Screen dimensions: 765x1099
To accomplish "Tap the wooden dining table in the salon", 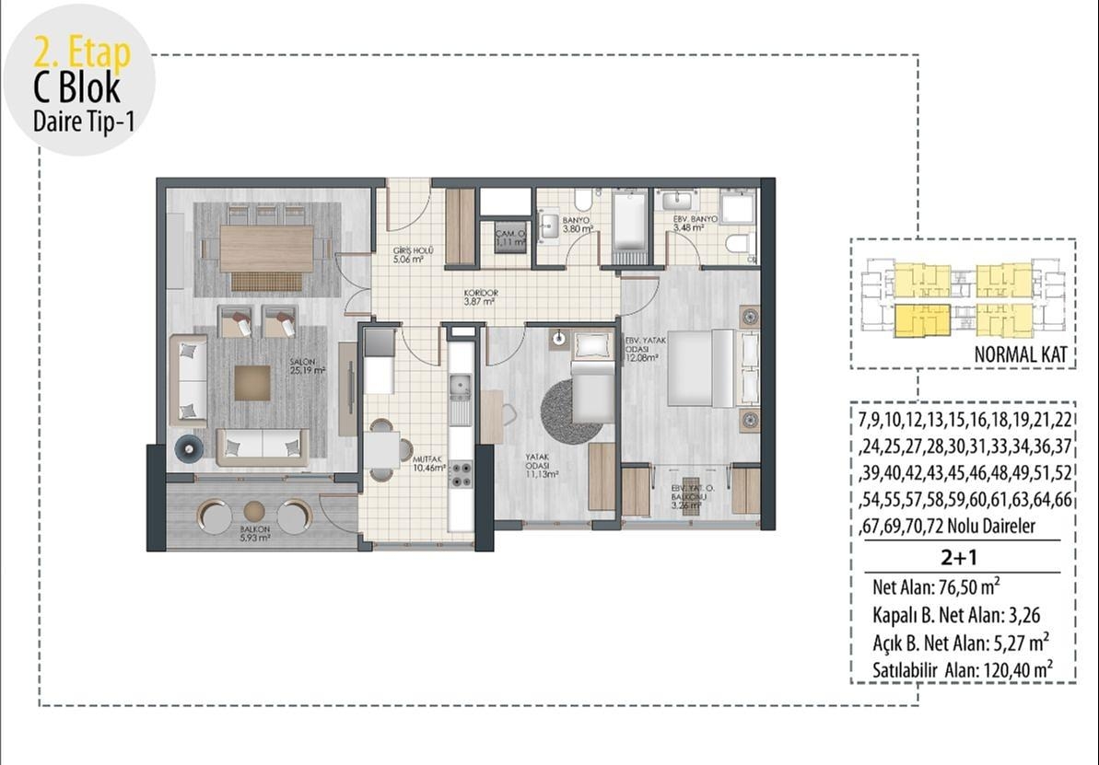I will [267, 248].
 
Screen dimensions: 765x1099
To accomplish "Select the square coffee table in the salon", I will [251, 383].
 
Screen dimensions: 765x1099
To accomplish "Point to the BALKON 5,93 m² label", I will [254, 534].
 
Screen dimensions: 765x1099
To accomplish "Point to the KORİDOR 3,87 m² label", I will [480, 297].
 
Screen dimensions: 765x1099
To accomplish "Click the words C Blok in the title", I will [76, 88].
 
